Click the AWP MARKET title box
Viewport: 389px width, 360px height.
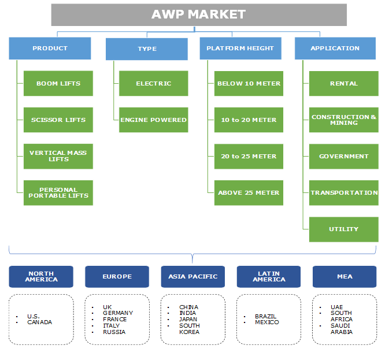199,14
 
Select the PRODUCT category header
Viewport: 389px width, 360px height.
50,49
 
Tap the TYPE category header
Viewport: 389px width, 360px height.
147,49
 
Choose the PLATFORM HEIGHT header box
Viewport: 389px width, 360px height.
240,49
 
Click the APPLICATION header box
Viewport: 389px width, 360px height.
335,49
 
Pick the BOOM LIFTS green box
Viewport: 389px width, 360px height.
58,83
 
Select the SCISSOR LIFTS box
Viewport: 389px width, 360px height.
58,120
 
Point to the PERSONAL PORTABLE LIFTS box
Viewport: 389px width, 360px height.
58,192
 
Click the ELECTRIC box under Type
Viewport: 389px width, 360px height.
154,83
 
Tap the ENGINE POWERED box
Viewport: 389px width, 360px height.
154,120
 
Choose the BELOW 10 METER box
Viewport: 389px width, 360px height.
249,83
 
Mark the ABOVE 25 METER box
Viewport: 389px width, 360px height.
249,192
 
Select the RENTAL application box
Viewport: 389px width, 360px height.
344,83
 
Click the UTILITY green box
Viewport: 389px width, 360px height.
344,229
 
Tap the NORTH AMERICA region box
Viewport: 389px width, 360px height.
41,276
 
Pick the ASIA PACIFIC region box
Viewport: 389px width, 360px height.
193,276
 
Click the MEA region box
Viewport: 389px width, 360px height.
344,276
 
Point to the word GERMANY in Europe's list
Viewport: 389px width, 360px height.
118,313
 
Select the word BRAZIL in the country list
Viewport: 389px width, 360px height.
266,316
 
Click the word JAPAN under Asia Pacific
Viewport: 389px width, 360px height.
188,320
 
